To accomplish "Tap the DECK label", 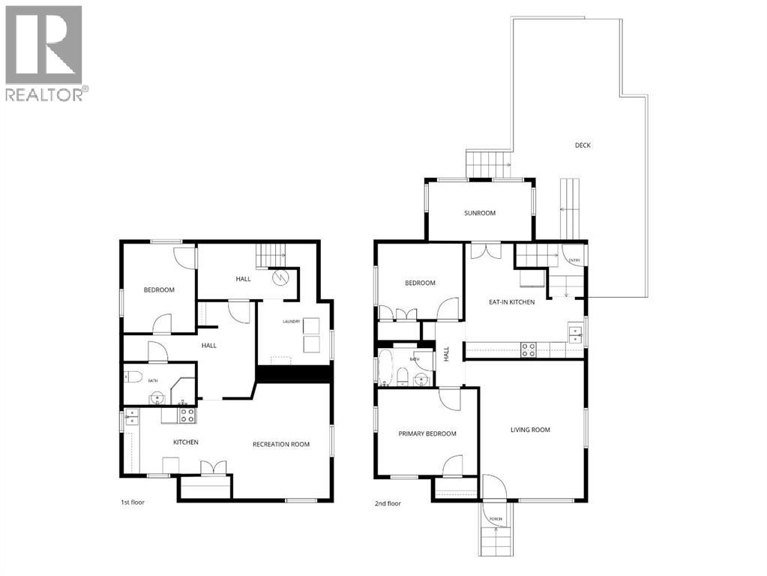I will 583,145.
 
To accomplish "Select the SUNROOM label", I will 480,213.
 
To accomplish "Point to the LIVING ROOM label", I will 530,430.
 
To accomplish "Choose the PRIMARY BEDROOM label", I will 427,433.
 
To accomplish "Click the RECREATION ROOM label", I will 281,444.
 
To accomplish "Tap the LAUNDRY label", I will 292,322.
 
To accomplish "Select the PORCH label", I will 496,519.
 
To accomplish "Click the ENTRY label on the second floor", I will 574,260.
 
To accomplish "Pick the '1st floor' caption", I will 132,502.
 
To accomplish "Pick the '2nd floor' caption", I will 388,504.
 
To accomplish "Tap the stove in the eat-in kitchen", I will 529,349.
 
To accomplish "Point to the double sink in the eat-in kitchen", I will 575,333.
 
